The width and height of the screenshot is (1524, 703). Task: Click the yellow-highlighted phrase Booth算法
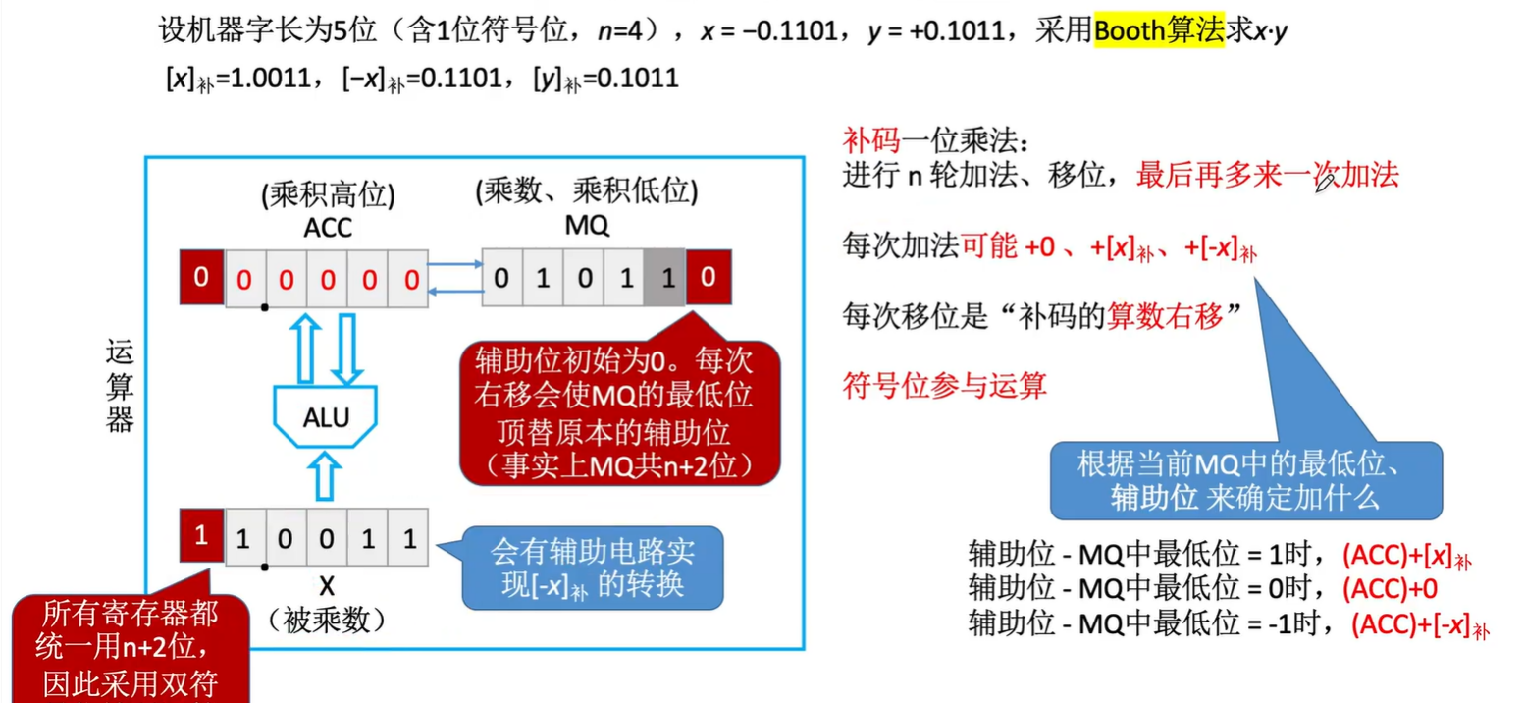click(x=1158, y=31)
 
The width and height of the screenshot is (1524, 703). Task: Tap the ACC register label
click(x=328, y=227)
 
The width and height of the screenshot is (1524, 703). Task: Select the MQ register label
click(x=587, y=227)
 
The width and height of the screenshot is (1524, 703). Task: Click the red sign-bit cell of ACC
click(x=201, y=279)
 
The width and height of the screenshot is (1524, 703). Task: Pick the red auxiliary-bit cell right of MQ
click(x=708, y=278)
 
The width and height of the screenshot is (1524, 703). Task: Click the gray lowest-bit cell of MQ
click(x=664, y=279)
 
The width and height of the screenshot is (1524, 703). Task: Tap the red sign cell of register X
click(x=201, y=536)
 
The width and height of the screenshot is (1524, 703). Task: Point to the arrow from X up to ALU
click(x=327, y=474)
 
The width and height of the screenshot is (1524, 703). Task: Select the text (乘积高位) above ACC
click(x=328, y=195)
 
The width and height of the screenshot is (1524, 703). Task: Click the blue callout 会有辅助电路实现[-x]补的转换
click(x=592, y=568)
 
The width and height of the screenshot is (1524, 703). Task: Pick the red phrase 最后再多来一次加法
click(x=1266, y=176)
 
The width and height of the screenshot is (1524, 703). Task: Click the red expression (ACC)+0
click(x=1389, y=589)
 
